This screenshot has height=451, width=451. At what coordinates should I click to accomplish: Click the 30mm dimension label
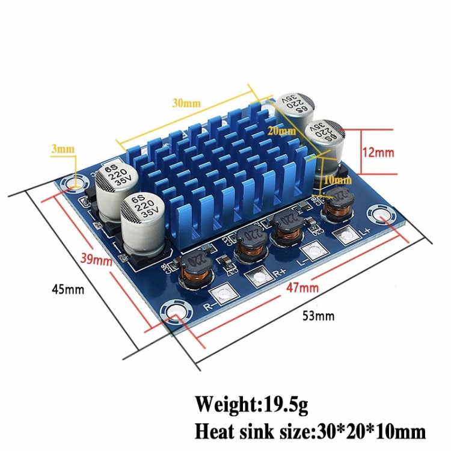pyautogui.click(x=186, y=102)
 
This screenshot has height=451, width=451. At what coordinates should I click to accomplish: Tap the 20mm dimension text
pyautogui.click(x=282, y=130)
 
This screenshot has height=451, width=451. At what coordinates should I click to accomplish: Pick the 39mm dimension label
pyautogui.click(x=97, y=260)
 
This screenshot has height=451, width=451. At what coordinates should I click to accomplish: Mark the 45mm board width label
pyautogui.click(x=68, y=289)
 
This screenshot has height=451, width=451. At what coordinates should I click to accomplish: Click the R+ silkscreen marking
pyautogui.click(x=279, y=272)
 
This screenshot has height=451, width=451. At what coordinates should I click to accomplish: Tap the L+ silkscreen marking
pyautogui.click(x=363, y=230)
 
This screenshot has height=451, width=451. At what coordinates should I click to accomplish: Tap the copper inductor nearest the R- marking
pyautogui.click(x=194, y=272)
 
